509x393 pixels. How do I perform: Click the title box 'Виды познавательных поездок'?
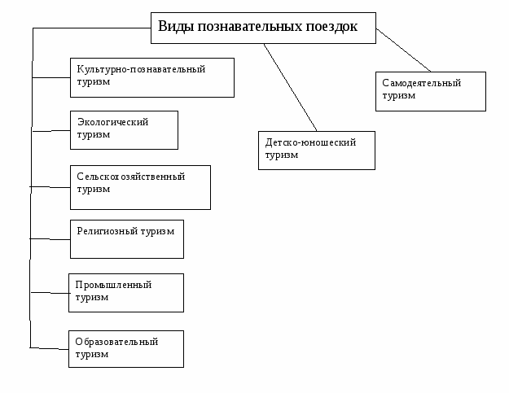263,28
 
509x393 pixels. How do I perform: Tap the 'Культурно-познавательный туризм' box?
152,77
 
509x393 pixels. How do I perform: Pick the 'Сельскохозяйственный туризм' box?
140,187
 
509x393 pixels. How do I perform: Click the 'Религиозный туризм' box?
126,238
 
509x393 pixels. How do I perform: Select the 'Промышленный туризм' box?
126,293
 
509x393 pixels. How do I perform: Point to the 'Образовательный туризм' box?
126,348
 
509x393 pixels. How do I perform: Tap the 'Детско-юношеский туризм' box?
317,150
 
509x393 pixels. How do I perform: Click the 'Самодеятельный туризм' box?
431,91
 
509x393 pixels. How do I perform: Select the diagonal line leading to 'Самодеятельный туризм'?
403,50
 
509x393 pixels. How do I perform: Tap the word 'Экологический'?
112,122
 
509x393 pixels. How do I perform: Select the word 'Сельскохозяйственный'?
131,177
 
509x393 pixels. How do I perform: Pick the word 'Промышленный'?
113,285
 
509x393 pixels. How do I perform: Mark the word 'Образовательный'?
116,342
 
